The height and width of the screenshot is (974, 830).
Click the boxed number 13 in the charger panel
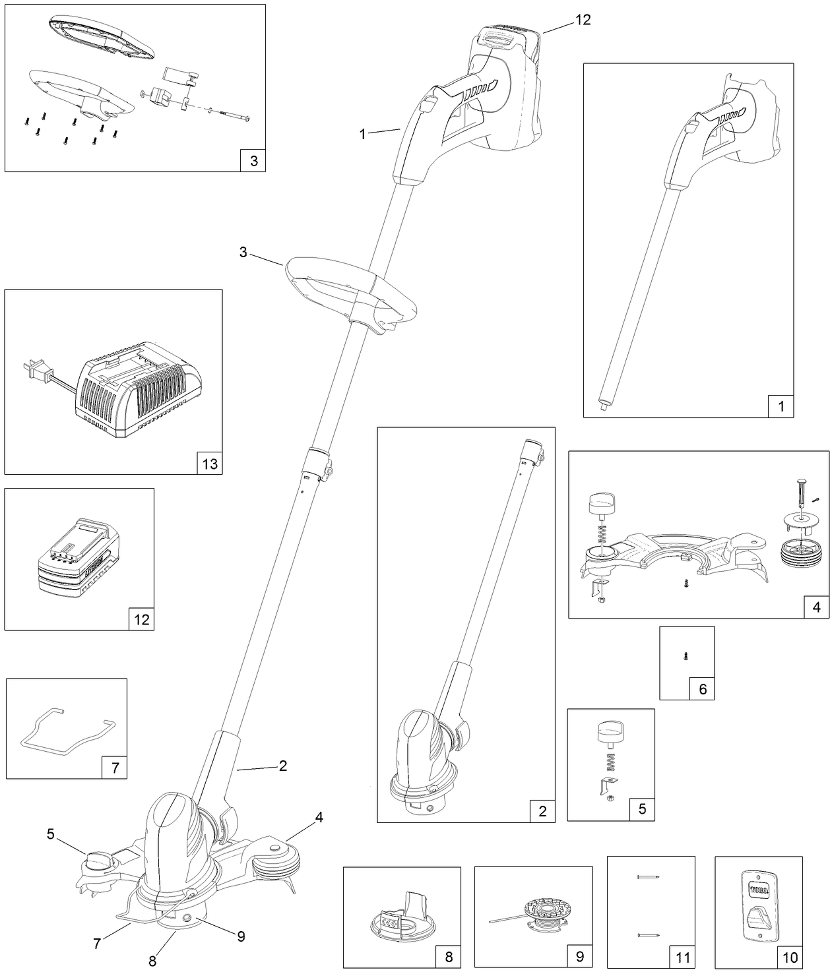209,464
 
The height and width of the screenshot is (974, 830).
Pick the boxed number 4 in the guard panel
816,607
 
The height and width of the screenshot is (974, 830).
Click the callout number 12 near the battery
583,20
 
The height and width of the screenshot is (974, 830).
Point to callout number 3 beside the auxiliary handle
243,253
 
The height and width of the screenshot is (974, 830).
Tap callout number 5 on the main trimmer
51,834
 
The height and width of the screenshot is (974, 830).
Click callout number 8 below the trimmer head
152,961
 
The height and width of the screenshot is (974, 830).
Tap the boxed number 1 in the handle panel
781,406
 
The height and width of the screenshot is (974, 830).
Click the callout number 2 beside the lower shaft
282,766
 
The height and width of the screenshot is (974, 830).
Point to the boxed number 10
790,957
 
